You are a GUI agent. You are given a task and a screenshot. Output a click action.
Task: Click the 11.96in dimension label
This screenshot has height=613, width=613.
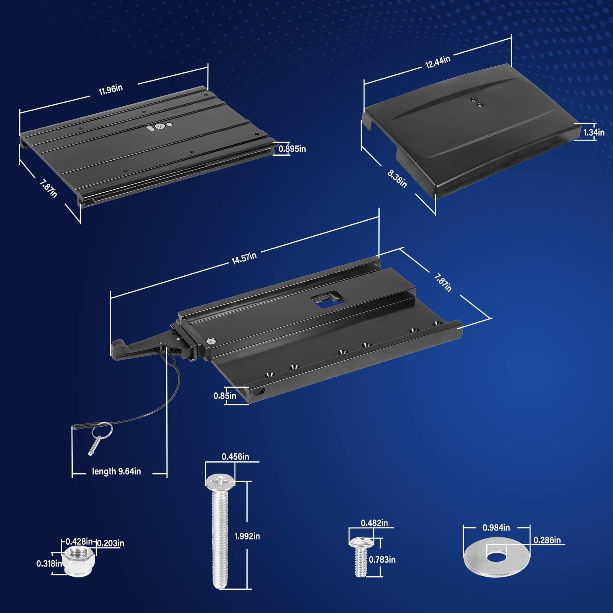(x=111, y=89)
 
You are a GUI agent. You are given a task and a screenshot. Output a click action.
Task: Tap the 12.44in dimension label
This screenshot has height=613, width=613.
(x=438, y=62)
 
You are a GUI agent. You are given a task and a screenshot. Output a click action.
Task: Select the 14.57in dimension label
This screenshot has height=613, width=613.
(x=244, y=258)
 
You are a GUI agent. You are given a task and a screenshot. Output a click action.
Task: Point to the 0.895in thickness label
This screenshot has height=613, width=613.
(x=292, y=149)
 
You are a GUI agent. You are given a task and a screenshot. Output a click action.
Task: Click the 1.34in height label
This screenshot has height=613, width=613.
(x=594, y=132)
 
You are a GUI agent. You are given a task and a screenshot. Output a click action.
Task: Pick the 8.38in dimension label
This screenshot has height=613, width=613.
(x=397, y=179)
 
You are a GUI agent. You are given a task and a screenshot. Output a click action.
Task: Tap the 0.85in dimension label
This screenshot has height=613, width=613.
(x=225, y=396)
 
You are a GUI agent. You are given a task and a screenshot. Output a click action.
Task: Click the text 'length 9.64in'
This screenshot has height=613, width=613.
(x=116, y=471)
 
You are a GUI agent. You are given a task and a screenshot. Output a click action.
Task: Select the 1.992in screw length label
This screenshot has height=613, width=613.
(x=247, y=536)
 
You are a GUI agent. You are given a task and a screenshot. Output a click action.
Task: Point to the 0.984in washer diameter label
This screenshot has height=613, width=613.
(x=496, y=528)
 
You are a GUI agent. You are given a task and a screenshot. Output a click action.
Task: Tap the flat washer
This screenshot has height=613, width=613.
(x=497, y=556)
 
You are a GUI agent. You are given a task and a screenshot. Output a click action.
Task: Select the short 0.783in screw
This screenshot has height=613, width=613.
(x=360, y=556)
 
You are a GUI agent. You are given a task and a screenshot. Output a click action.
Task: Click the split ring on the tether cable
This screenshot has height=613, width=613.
(x=102, y=430)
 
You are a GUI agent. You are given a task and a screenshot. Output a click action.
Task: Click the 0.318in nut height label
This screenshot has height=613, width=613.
(x=49, y=564)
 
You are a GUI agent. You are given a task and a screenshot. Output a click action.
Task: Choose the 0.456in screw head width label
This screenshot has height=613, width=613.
(x=235, y=456)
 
